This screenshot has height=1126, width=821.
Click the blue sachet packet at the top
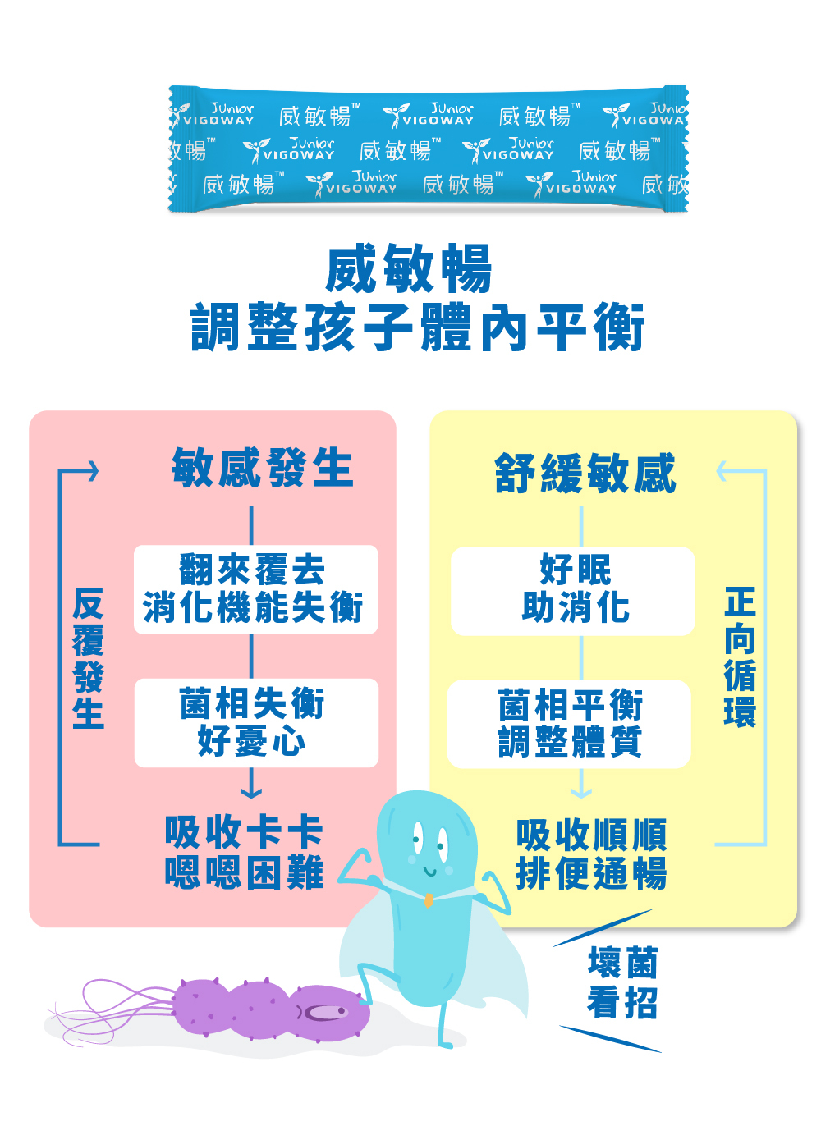pyautogui.click(x=428, y=149)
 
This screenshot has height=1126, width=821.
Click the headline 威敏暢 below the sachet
pyautogui.click(x=408, y=268)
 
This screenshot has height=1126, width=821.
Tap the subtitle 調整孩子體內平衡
pyautogui.click(x=417, y=327)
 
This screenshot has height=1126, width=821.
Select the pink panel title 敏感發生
pyautogui.click(x=262, y=468)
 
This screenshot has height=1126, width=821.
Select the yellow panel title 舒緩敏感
pyautogui.click(x=585, y=473)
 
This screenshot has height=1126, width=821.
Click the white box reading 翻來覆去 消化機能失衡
pyautogui.click(x=255, y=589)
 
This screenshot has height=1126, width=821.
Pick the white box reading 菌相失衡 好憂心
pyautogui.click(x=256, y=722)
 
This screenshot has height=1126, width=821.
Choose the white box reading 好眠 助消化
pyautogui.click(x=572, y=591)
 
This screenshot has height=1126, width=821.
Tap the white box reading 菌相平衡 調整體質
pyautogui.click(x=569, y=724)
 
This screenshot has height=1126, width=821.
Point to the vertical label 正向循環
pyautogui.click(x=740, y=657)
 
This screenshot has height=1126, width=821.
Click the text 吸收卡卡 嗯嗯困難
pyautogui.click(x=244, y=852)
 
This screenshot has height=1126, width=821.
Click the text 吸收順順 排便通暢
pyautogui.click(x=591, y=854)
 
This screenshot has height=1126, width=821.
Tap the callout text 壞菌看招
pyautogui.click(x=622, y=982)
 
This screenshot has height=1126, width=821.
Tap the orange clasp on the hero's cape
pyautogui.click(x=429, y=899)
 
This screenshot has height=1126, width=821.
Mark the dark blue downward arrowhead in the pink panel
pyautogui.click(x=251, y=793)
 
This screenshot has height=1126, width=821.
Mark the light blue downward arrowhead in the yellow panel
pyautogui.click(x=581, y=793)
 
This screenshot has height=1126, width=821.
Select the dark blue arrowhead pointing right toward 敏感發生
pyautogui.click(x=94, y=472)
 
